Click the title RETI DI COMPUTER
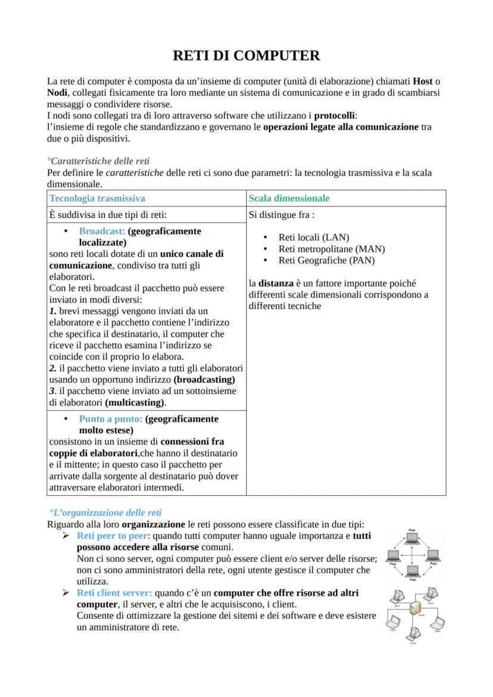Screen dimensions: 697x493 pyautogui.click(x=246, y=55)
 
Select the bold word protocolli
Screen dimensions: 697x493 pyautogui.click(x=335, y=115)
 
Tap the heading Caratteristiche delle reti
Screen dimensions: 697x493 pyautogui.click(x=99, y=161)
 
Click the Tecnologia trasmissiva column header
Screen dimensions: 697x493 pyautogui.click(x=97, y=198)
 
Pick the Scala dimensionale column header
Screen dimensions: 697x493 pyautogui.click(x=289, y=198)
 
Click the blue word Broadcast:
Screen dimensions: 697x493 pyautogui.click(x=102, y=231)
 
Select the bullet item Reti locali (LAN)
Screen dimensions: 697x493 pyautogui.click(x=314, y=237)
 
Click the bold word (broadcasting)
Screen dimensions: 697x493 pyautogui.click(x=204, y=380)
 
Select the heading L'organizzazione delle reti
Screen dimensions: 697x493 pyautogui.click(x=107, y=512)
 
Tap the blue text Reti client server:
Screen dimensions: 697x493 pyautogui.click(x=114, y=593)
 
